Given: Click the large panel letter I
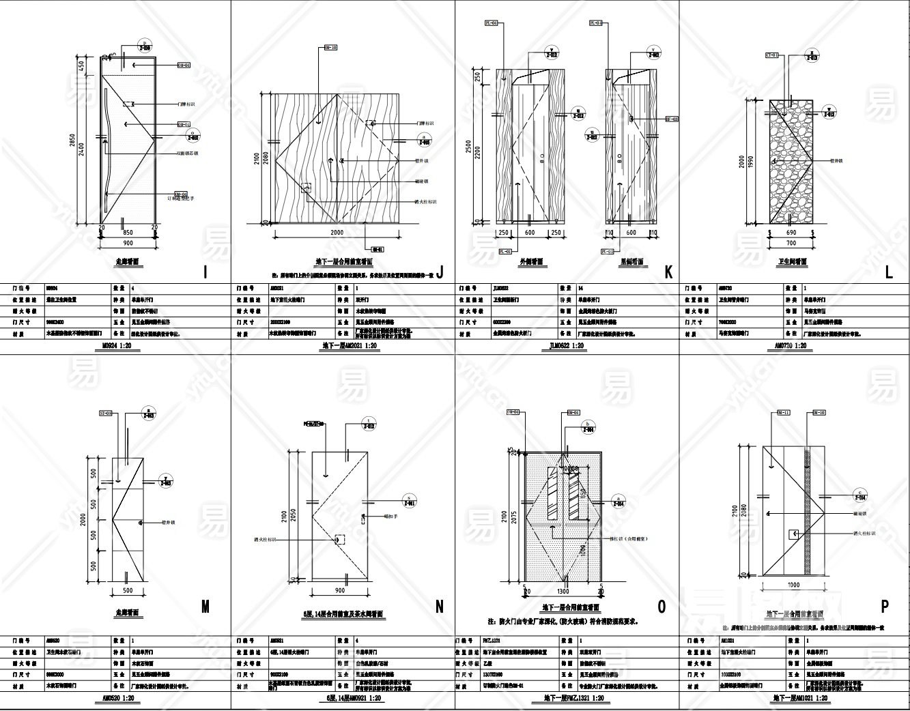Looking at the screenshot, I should (206, 272).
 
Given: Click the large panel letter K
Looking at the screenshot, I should (668, 272).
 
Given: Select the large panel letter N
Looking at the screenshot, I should (439, 606).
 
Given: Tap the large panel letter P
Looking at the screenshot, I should (885, 606).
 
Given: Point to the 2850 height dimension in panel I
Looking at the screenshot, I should (73, 141).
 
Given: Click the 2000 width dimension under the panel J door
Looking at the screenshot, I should (337, 232).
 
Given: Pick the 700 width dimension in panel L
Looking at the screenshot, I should (791, 243).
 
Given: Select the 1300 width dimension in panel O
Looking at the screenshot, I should (563, 591).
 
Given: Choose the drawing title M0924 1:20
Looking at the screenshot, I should (114, 346).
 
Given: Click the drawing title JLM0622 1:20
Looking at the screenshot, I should (567, 346).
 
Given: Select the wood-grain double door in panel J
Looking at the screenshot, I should (337, 158).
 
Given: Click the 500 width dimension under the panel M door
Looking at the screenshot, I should (128, 590).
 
